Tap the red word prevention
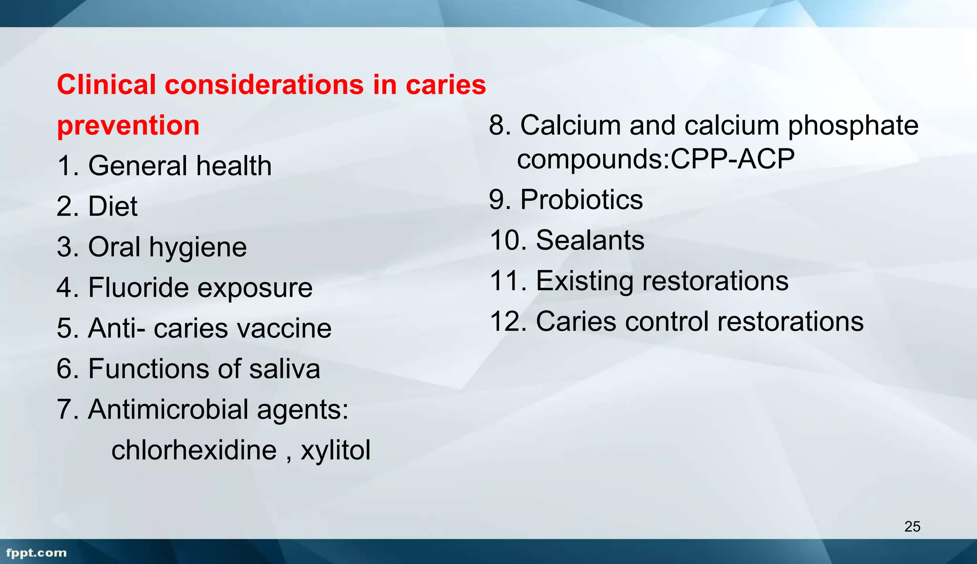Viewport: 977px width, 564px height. [128, 125]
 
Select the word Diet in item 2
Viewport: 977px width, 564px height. [113, 207]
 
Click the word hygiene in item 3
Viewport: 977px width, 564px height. [197, 248]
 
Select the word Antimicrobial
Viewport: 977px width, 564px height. [168, 409]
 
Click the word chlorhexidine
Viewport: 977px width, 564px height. [194, 450]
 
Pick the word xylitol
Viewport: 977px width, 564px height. [335, 450]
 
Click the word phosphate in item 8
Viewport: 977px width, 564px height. [853, 126]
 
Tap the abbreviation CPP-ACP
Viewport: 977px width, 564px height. [733, 159]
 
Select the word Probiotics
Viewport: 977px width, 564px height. [582, 199]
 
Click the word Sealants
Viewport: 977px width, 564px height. [590, 240]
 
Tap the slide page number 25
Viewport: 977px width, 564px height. [912, 526]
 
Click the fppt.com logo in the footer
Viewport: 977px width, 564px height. [37, 553]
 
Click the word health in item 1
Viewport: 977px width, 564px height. [234, 166]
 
